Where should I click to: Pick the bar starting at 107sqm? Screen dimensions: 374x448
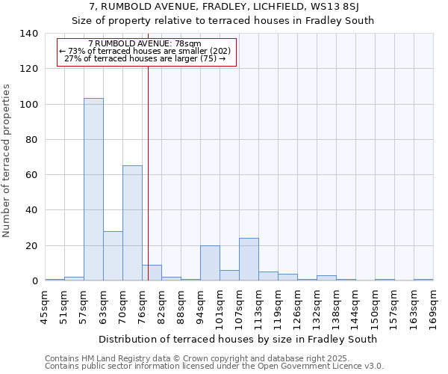coord(249,260)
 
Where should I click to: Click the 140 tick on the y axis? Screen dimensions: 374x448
coord(31,34)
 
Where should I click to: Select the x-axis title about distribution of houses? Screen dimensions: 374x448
coord(237,339)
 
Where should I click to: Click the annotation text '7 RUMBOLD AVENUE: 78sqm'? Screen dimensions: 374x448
coord(145,44)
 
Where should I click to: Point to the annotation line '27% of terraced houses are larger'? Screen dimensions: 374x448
coord(145,58)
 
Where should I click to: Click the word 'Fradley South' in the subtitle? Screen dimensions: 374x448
coord(343,20)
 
